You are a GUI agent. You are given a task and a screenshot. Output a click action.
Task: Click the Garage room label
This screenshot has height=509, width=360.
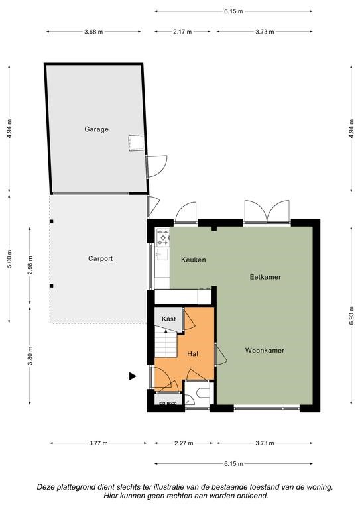point(96,129)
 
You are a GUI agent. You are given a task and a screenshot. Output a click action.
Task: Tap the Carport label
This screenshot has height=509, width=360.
point(101,258)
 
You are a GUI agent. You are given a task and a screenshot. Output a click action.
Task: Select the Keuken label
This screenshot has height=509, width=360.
point(194,260)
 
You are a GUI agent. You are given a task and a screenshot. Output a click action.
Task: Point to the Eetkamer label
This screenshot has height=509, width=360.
point(265,277)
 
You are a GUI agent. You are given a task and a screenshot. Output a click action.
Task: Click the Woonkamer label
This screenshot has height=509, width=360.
point(265,350)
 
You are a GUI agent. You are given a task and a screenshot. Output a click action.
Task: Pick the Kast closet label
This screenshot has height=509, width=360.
point(169,319)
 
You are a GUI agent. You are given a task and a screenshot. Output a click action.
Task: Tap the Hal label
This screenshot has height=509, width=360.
point(192,353)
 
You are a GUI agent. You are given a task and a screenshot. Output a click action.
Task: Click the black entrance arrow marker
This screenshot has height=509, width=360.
point(133,376)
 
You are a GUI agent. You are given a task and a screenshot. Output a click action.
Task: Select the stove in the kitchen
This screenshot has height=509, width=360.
point(163,237)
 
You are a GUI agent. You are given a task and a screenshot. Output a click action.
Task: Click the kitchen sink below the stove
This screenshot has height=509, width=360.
point(162,254)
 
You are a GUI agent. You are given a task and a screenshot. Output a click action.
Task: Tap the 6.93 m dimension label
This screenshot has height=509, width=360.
point(351,315)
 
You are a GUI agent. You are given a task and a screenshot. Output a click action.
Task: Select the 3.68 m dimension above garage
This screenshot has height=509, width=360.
point(93,32)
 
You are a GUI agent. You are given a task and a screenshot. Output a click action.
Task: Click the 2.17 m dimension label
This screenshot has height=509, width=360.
point(182,32)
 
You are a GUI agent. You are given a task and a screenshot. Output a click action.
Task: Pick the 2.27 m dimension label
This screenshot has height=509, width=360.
point(184,443)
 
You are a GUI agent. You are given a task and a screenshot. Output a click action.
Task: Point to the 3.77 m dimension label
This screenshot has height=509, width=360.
point(98,443)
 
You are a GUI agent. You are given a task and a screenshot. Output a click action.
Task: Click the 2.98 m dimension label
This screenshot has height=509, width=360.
point(30,265)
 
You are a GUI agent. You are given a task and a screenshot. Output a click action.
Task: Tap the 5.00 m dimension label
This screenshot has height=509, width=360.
point(9,258)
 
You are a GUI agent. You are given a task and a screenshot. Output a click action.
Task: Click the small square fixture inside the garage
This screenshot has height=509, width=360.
point(137,143)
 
